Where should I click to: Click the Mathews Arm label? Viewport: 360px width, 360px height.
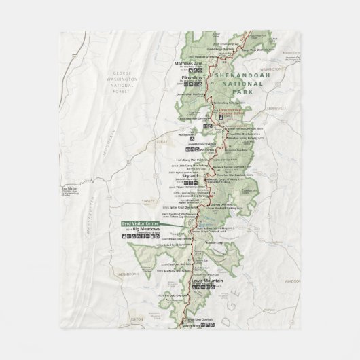189,64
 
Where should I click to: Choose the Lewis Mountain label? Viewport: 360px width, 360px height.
206,280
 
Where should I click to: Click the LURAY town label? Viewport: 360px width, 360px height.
162,143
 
